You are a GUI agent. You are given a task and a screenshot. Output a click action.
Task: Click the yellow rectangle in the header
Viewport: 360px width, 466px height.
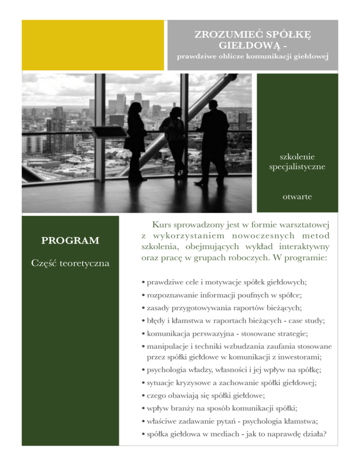[94, 45]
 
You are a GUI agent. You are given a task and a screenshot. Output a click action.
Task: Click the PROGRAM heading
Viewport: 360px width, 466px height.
[70, 241]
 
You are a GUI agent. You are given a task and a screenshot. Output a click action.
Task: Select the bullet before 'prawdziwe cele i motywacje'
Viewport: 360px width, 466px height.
[142, 283]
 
